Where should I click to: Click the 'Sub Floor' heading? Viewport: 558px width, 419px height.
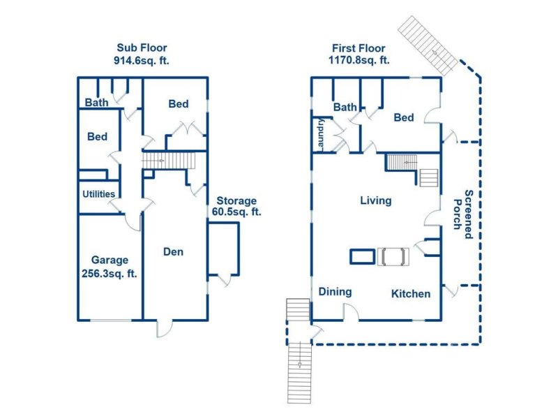142,47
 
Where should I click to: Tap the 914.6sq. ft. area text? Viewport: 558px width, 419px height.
142,60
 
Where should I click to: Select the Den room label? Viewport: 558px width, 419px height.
173,251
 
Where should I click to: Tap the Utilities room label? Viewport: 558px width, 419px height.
98,193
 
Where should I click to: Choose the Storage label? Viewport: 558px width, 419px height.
236,200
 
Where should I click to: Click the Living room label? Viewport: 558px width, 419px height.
375,200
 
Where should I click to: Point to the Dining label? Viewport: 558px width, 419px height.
335,292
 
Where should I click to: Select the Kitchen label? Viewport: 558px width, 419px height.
410,293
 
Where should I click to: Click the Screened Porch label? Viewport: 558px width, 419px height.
463,214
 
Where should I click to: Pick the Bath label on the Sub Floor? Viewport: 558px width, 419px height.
96,103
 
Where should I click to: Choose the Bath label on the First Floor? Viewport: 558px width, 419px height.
345,107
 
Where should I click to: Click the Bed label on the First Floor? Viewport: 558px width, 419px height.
404,117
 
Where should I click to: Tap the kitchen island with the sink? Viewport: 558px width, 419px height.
393,256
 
